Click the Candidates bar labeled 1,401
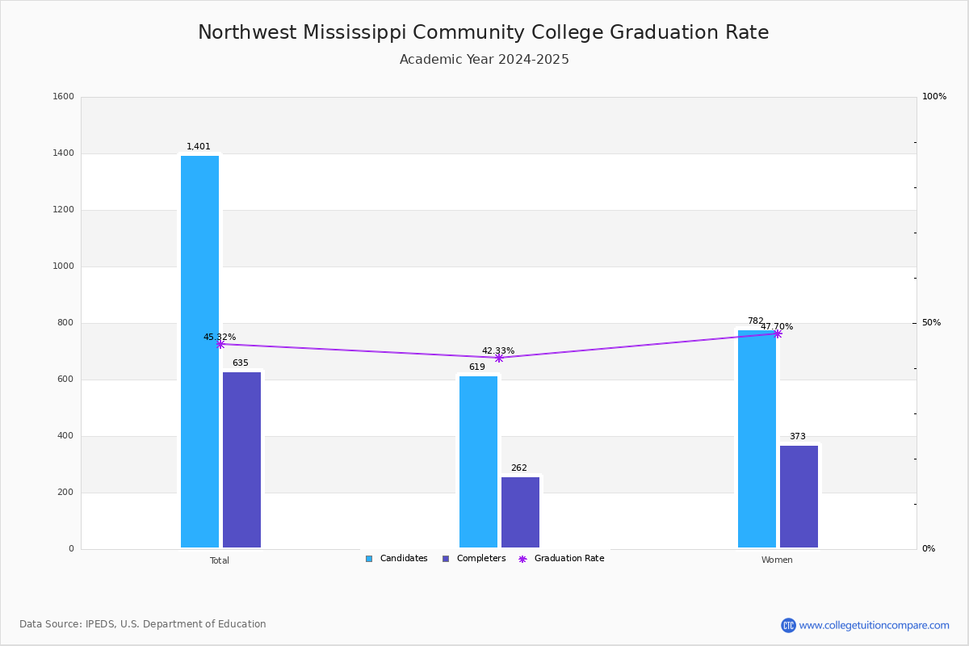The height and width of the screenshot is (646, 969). click(199, 351)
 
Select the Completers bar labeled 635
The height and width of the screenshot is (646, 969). click(241, 459)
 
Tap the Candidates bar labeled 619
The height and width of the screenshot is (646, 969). click(478, 462)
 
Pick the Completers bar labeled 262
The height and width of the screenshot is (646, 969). click(520, 512)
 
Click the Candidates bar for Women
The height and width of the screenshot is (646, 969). click(757, 438)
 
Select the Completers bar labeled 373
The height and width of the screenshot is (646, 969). click(799, 497)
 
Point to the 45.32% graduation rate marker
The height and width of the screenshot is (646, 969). click(220, 345)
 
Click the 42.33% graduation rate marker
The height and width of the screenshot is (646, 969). click(499, 359)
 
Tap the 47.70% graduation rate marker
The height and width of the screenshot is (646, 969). click(778, 334)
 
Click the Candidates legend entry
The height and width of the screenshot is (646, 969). click(396, 559)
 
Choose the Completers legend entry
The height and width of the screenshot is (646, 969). click(474, 559)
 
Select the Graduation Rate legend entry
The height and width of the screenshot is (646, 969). click(561, 559)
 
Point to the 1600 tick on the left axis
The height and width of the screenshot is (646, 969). click(64, 96)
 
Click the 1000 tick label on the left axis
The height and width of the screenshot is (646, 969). click(64, 266)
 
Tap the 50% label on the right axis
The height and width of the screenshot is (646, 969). click(931, 323)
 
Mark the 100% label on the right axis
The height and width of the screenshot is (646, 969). click(934, 96)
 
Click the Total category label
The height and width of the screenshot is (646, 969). click(220, 560)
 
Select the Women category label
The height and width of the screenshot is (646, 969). click(777, 560)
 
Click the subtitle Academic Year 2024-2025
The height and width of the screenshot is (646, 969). click(484, 59)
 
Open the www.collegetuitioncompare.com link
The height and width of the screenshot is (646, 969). click(874, 625)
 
